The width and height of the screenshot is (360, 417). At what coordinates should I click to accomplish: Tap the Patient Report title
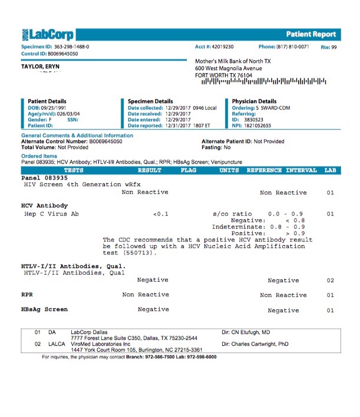311,34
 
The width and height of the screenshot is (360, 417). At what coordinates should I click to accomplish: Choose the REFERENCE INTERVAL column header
281,170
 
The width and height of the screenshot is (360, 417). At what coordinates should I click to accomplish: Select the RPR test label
27,294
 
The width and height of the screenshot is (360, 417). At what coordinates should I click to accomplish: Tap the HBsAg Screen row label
44,309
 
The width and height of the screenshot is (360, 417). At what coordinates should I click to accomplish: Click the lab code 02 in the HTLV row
330,280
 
